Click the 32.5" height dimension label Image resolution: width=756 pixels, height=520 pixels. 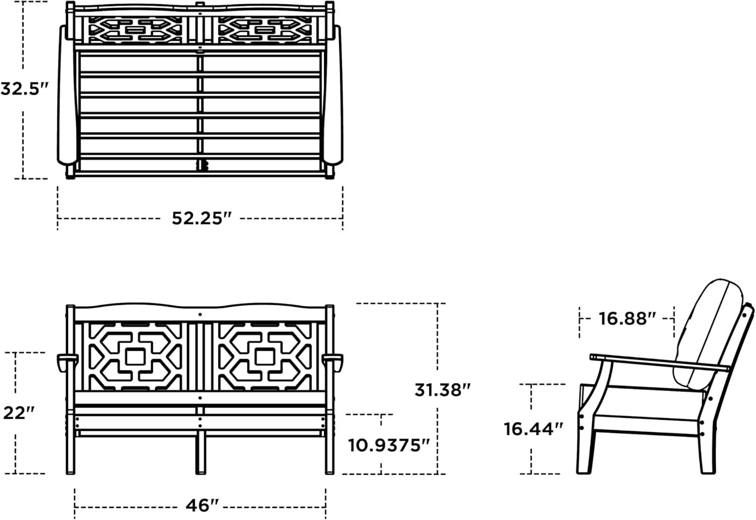(x=25, y=89)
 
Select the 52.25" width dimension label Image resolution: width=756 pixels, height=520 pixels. (x=202, y=218)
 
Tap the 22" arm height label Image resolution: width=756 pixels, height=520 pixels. (x=19, y=413)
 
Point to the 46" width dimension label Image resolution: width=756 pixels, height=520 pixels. (x=202, y=505)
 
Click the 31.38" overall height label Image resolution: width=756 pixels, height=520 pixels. (x=443, y=390)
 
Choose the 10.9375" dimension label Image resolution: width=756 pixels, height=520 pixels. (x=389, y=445)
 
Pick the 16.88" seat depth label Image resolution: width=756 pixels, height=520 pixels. (x=627, y=318)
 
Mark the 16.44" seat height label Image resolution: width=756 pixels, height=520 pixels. (x=534, y=429)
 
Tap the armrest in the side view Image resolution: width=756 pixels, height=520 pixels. (x=660, y=363)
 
